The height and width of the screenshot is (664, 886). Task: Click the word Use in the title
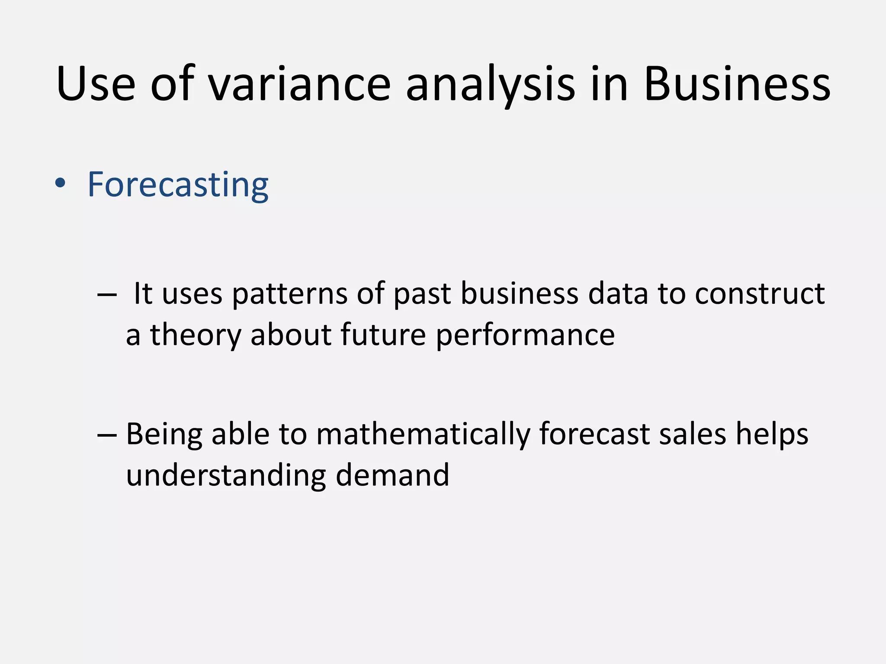click(96, 84)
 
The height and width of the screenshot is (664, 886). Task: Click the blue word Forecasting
click(178, 185)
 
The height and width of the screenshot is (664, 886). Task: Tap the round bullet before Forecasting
click(60, 184)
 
